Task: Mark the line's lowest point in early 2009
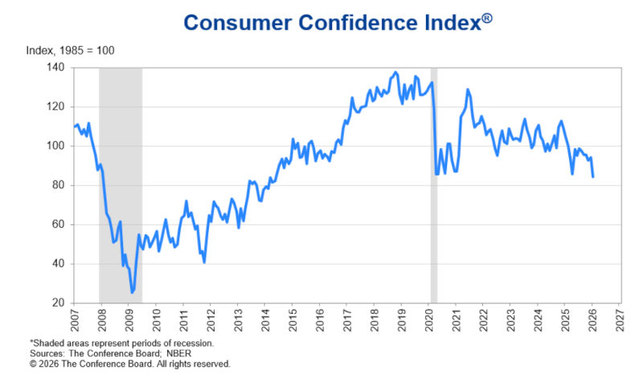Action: (133, 293)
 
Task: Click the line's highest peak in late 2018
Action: (395, 72)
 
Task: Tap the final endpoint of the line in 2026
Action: (593, 177)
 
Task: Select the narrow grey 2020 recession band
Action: (434, 185)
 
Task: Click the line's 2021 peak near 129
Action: (468, 89)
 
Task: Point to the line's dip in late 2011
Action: (204, 262)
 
